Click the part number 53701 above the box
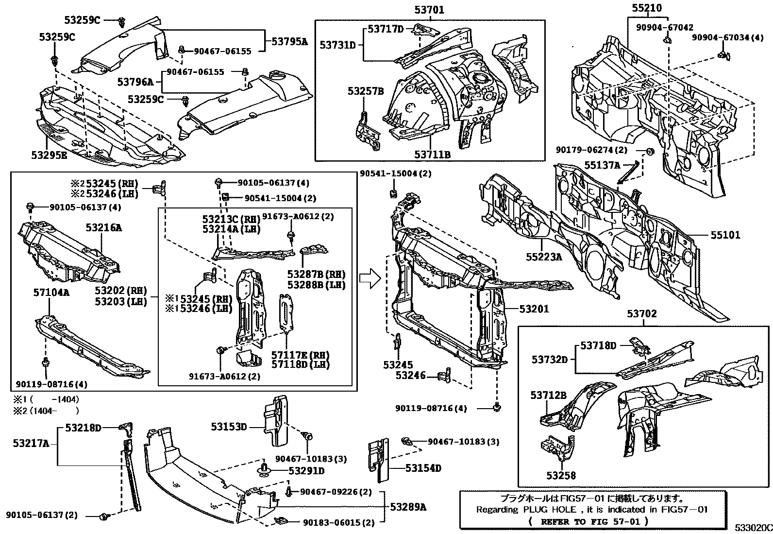tap(429, 9)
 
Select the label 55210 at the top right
tap(647, 8)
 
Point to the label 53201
tap(534, 309)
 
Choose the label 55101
tap(725, 235)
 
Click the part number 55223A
tap(543, 257)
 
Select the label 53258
tap(561, 475)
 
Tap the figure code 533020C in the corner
tap(752, 528)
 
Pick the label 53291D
tap(306, 470)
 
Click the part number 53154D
tap(423, 468)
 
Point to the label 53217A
tap(31, 443)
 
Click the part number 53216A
tap(104, 227)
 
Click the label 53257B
tap(365, 91)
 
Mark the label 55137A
tap(602, 165)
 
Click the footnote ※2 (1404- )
tap(46, 410)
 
